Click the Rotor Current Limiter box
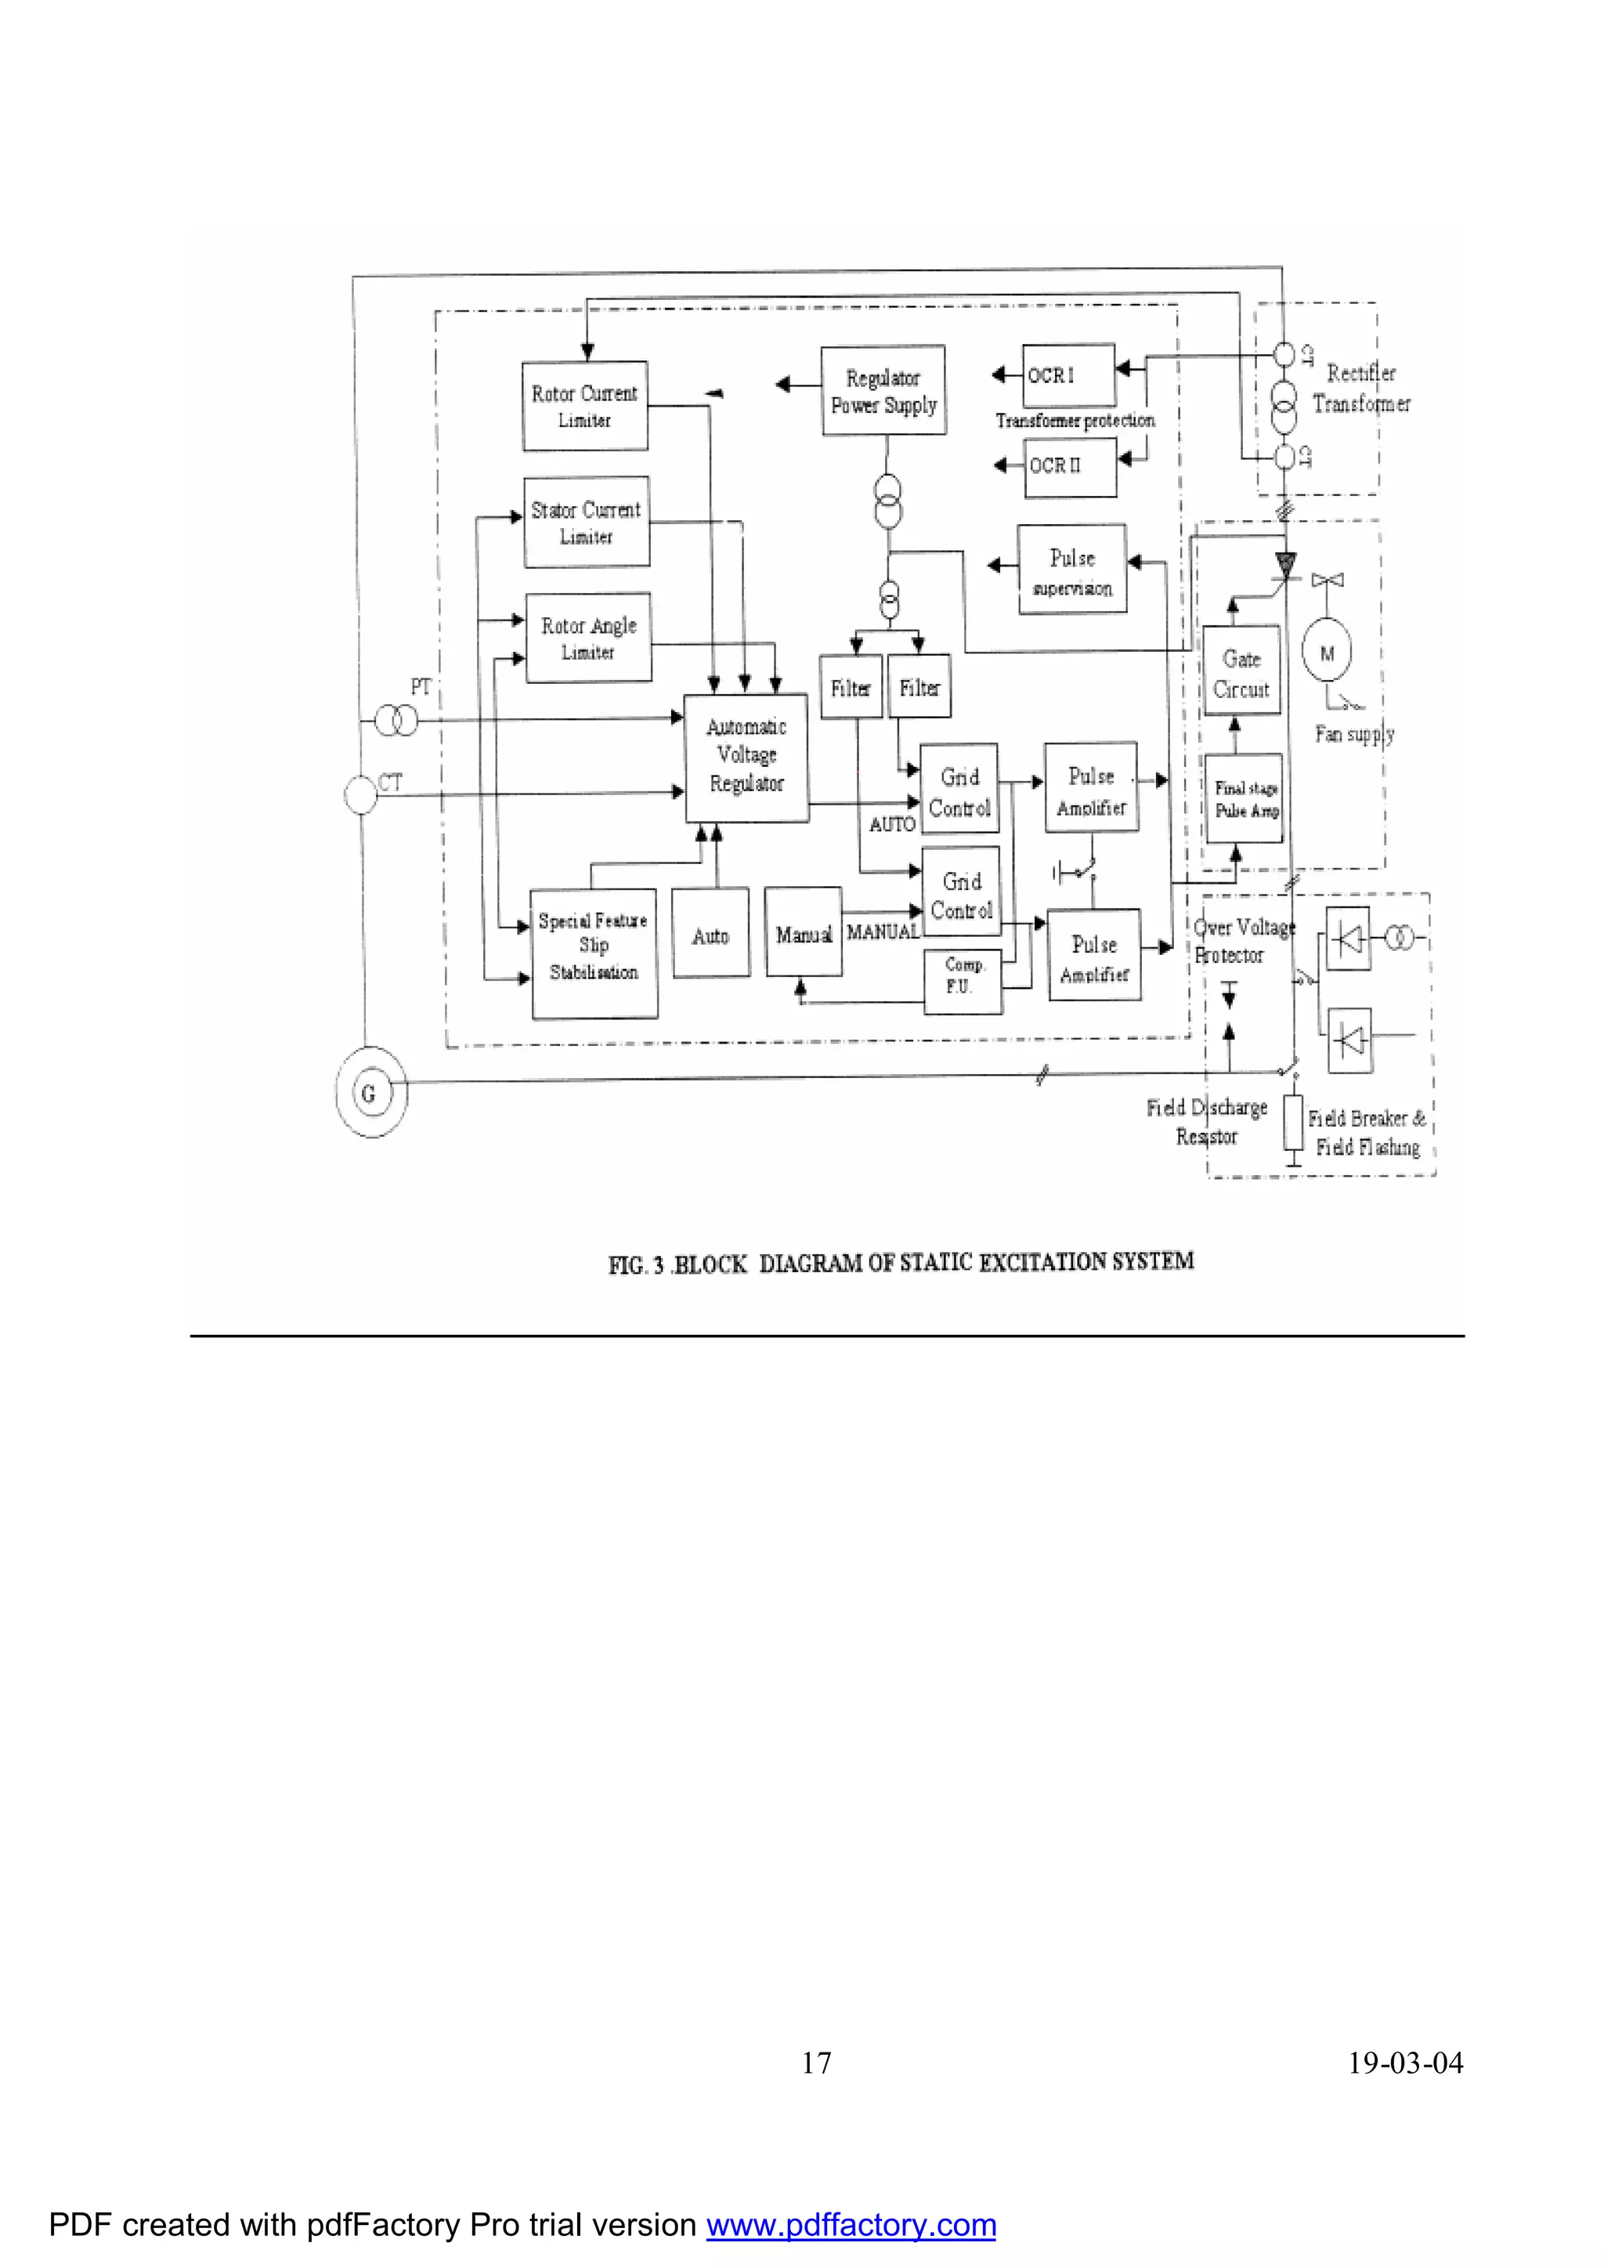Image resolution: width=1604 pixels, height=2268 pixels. tap(585, 406)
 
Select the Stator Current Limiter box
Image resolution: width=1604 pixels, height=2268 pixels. tap(587, 522)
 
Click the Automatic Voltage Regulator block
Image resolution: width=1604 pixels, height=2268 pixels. tap(746, 757)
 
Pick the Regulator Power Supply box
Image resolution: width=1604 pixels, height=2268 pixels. tap(883, 390)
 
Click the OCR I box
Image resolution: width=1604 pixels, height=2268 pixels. tap(1068, 375)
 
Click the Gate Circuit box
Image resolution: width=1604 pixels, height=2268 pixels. tap(1241, 671)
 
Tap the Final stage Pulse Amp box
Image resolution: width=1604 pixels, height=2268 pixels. tap(1244, 798)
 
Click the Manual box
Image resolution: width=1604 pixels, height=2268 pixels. tap(804, 932)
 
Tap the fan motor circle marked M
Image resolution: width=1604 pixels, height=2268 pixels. tap(1328, 653)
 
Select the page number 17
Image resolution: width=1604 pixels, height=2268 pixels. tap(816, 2063)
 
